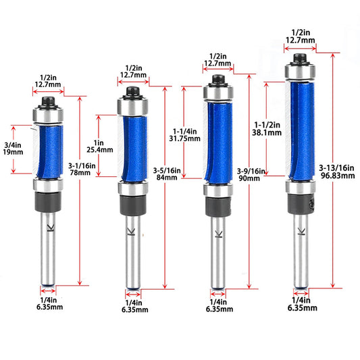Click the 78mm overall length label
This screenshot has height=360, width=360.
[x=80, y=173]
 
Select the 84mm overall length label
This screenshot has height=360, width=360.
[x=167, y=178]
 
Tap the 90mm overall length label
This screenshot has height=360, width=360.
[x=249, y=178]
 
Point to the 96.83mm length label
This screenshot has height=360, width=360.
[x=338, y=176]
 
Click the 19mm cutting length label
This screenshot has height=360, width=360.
[x=13, y=152]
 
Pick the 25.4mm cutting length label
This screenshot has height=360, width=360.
[x=100, y=150]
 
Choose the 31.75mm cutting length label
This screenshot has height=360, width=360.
[x=185, y=138]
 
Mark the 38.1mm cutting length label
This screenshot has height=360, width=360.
[x=267, y=132]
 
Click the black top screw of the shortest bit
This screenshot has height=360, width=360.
[x=48, y=102]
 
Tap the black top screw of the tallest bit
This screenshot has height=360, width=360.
[x=300, y=59]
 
